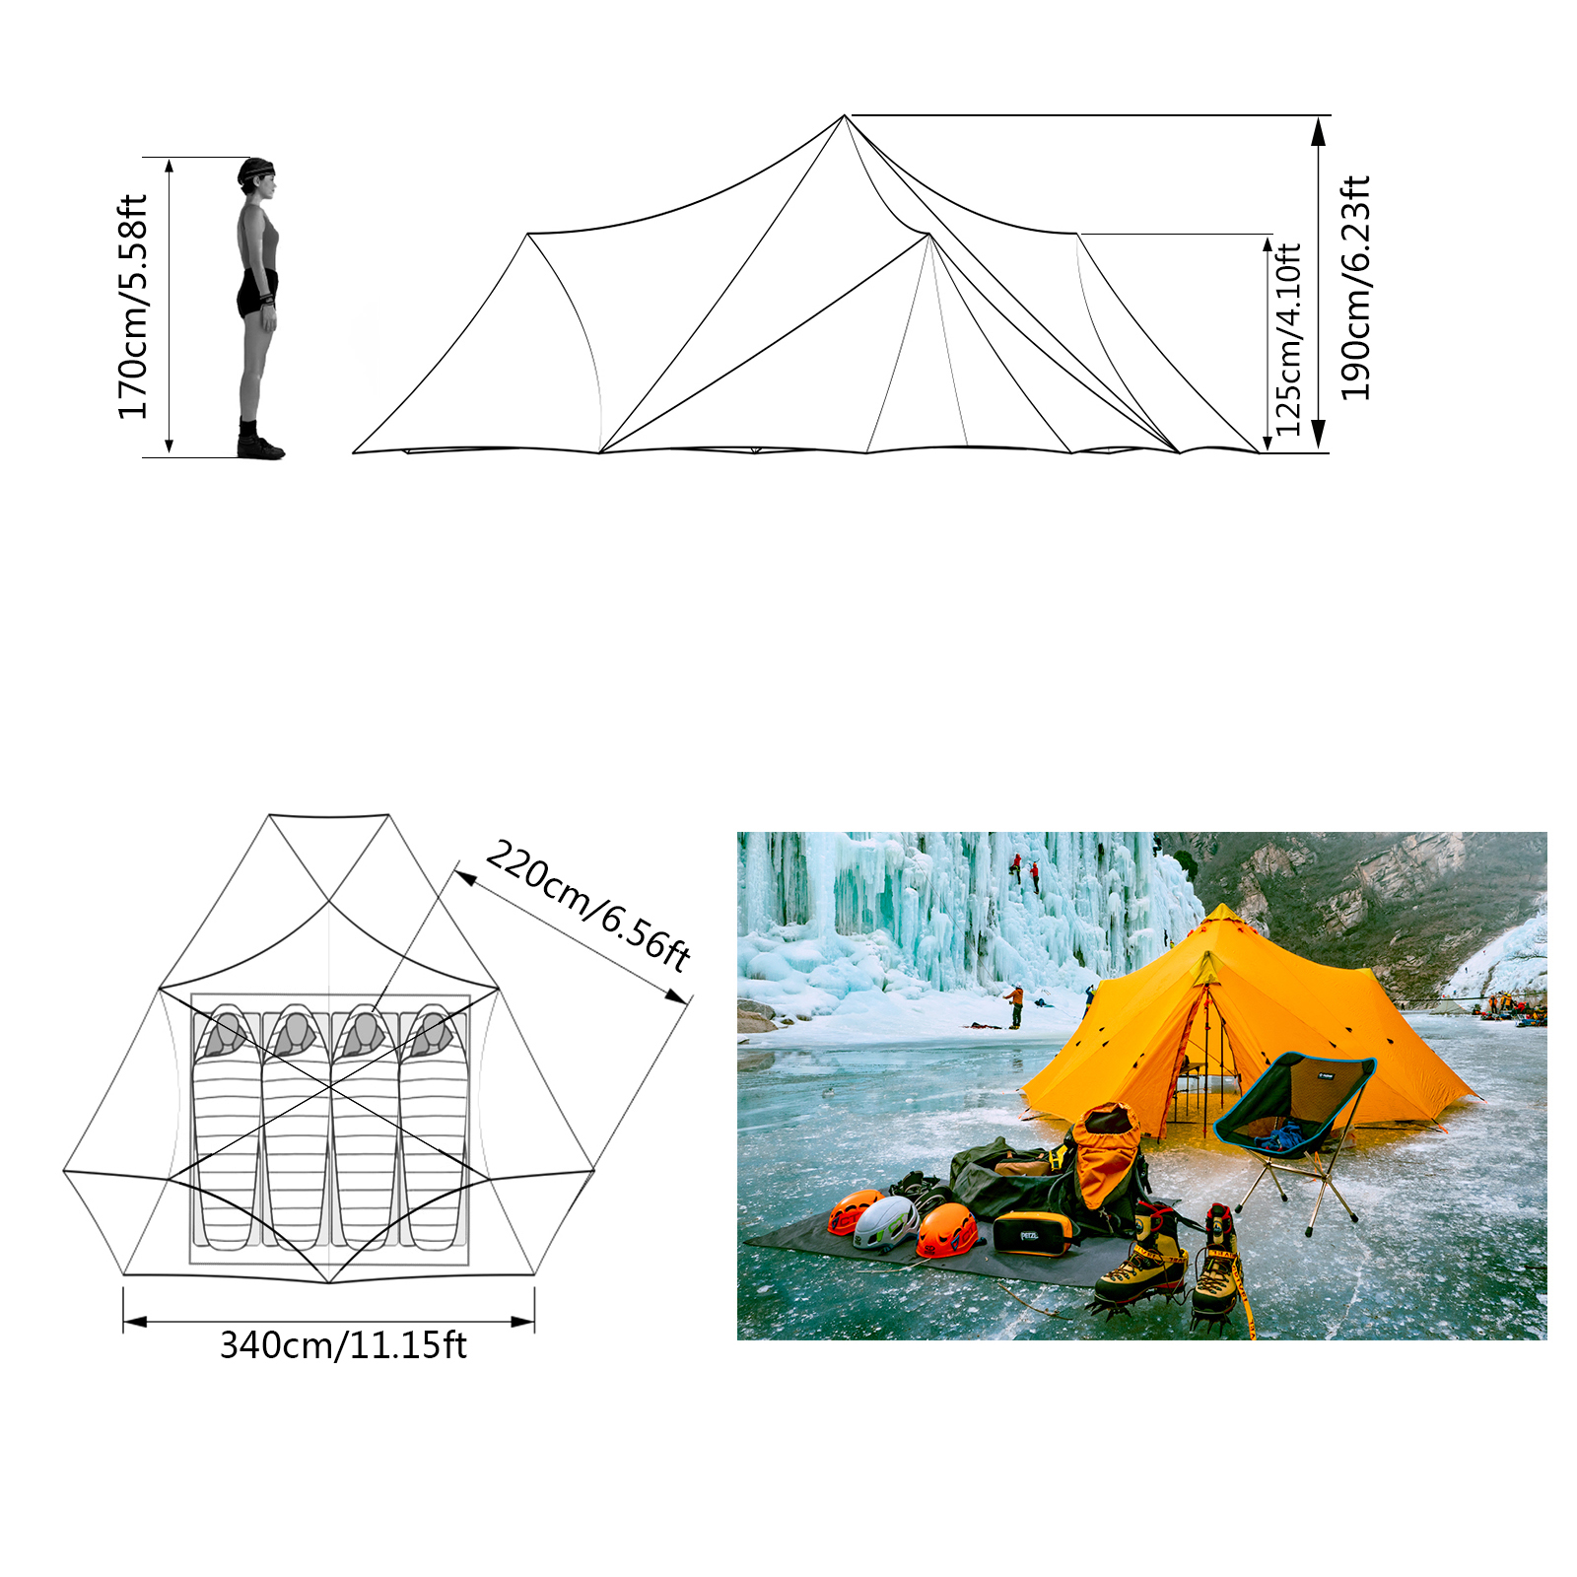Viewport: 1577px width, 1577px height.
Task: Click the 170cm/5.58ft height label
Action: pos(132,307)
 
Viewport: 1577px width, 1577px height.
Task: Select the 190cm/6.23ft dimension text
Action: pos(1355,288)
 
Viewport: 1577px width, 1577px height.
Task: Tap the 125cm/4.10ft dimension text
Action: pos(1288,339)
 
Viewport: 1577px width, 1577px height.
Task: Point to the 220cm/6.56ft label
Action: pos(588,905)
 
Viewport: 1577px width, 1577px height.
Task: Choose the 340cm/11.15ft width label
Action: pos(343,1345)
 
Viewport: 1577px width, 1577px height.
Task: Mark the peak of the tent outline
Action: pos(845,115)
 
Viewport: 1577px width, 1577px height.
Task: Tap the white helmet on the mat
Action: pos(885,1222)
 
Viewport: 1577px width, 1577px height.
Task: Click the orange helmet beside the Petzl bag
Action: pos(947,1230)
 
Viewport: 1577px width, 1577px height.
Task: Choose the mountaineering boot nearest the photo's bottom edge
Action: pos(1220,1271)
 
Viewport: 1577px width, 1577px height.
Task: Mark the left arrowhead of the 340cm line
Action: pos(136,1321)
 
